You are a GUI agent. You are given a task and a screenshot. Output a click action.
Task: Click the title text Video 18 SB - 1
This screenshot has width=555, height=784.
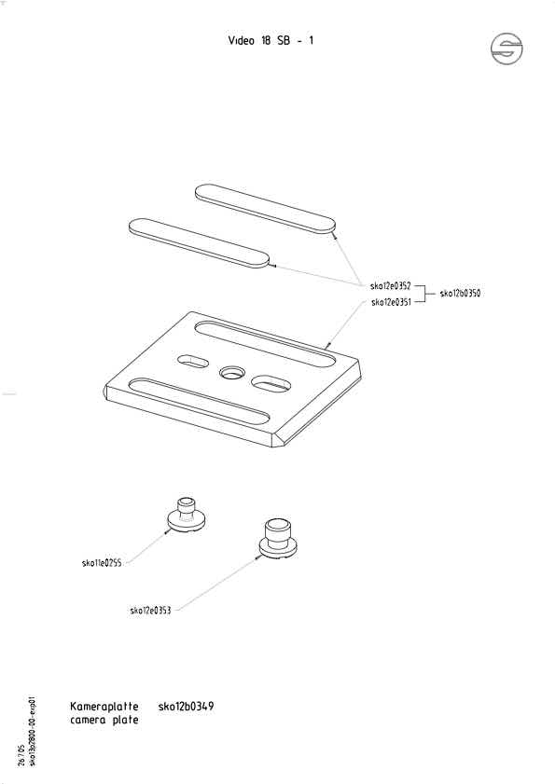point(271,40)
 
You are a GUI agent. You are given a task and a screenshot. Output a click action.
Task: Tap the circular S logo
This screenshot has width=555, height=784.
point(506,49)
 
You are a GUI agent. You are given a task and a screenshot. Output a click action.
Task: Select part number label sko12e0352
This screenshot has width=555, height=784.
point(390,286)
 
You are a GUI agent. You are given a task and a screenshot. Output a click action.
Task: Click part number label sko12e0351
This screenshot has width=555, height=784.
point(392,302)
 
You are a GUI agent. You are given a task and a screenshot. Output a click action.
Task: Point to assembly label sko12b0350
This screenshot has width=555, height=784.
point(460,294)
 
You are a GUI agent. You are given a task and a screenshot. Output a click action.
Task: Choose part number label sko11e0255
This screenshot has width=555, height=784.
point(102,563)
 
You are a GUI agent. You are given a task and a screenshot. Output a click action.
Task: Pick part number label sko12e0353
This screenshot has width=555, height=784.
point(150,610)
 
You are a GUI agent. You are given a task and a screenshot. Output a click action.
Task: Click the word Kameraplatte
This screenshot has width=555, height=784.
point(104,707)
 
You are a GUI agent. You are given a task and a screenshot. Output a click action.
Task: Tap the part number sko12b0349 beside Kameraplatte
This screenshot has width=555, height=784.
point(187,707)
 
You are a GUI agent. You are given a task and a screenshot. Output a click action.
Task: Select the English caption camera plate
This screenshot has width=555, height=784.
point(104,720)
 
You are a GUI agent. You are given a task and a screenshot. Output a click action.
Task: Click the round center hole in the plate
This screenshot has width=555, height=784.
point(232,373)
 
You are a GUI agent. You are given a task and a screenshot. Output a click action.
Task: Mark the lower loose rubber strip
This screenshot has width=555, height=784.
point(200,243)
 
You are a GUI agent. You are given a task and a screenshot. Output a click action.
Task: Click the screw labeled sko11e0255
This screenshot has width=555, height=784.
point(186,516)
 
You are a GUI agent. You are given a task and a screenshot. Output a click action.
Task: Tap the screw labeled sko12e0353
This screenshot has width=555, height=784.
point(278,539)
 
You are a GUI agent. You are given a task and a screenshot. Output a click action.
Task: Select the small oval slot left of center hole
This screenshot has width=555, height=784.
point(193,361)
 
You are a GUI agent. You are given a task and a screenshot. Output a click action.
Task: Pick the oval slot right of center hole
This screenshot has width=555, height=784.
point(271,383)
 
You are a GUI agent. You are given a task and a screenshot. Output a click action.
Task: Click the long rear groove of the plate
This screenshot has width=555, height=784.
point(265,345)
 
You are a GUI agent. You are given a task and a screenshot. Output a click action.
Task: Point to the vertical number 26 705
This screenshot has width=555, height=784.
point(21,755)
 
